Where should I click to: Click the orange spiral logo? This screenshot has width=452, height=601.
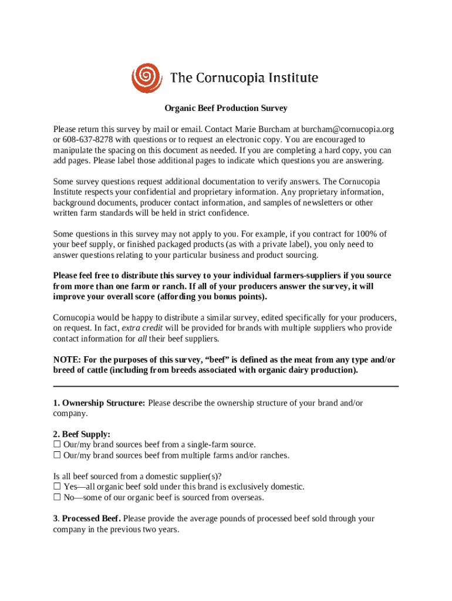pyautogui.click(x=146, y=78)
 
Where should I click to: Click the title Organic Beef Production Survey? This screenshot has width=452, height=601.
pyautogui.click(x=225, y=109)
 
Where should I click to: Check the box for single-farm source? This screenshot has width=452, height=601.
pyautogui.click(x=57, y=445)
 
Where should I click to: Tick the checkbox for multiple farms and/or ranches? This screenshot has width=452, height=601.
pyautogui.click(x=57, y=455)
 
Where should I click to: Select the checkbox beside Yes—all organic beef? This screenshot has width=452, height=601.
pyautogui.click(x=57, y=487)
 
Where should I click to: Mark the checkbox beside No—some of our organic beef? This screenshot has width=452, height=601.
pyautogui.click(x=57, y=498)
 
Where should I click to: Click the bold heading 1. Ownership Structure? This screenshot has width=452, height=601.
pyautogui.click(x=99, y=403)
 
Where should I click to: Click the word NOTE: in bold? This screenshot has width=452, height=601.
pyautogui.click(x=67, y=360)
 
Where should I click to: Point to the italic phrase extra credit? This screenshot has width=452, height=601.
pyautogui.click(x=142, y=328)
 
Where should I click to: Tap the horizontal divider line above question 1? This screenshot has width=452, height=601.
pyautogui.click(x=225, y=386)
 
